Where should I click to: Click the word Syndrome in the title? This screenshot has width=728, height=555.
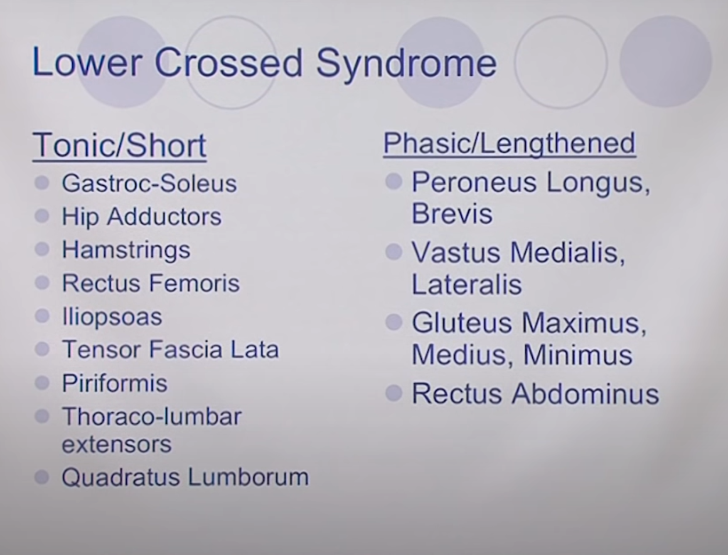click(406, 64)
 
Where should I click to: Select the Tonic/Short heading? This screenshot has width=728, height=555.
click(120, 145)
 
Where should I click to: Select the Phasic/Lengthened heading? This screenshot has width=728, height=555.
click(509, 143)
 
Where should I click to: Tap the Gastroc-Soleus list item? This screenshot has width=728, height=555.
click(149, 183)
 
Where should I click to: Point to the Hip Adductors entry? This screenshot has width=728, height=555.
click(142, 217)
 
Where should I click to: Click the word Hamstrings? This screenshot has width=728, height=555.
click(126, 250)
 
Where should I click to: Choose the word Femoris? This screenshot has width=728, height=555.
click(194, 283)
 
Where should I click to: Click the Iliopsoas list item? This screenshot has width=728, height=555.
click(112, 317)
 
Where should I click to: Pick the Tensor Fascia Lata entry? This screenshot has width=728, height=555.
click(170, 349)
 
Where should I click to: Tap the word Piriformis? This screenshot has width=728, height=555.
click(115, 383)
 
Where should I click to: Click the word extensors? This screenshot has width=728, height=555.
click(116, 444)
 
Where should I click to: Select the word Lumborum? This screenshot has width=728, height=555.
click(248, 477)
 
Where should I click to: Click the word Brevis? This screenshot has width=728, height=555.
click(452, 214)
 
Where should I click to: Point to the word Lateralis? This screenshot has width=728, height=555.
click(466, 285)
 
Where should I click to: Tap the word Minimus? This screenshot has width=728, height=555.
click(578, 355)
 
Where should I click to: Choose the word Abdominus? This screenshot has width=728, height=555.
click(585, 393)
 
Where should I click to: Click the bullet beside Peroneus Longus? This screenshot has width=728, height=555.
click(394, 182)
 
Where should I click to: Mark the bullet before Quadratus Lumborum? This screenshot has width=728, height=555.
click(42, 477)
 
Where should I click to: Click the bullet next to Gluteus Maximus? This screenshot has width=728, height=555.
click(394, 322)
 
